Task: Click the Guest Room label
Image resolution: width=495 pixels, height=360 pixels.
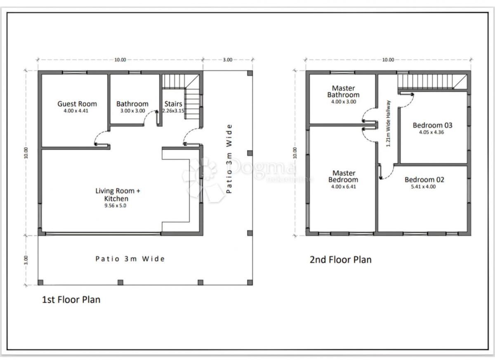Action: pos(77,104)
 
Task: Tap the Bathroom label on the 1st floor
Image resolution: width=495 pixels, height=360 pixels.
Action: pos(132,104)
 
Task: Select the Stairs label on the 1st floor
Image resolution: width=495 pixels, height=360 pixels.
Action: pos(173,104)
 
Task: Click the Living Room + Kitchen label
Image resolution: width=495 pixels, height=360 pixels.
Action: pos(118,194)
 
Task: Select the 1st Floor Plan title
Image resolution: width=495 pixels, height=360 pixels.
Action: pos(71,299)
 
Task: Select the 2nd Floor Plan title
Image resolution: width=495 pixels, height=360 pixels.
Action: pos(340,259)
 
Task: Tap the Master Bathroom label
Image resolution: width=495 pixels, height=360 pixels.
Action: pos(343,91)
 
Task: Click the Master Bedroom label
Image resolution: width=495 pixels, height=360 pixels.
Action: pos(343,176)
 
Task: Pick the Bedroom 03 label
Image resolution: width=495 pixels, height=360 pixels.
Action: pos(432,125)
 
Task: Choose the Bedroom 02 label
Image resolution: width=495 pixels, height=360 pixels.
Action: pos(424,179)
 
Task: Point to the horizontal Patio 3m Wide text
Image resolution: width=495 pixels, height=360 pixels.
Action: pos(130,259)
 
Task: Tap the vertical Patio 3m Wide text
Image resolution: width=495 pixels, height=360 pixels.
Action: pos(229,159)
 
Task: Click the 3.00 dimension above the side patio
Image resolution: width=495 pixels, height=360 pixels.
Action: pos(227,60)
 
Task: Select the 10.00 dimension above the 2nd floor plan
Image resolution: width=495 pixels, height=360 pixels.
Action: pos(388,60)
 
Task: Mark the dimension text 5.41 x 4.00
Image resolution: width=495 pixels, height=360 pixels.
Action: pos(424,186)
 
